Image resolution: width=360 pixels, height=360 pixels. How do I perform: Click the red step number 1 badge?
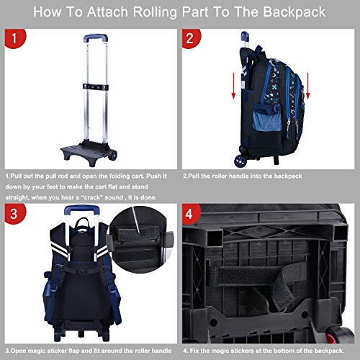coord(14,38)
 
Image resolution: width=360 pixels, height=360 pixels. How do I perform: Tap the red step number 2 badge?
coord(191,38)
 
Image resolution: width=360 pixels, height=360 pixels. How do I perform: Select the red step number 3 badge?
coord(14,213)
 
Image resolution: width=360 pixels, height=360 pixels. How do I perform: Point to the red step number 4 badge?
coord(191,213)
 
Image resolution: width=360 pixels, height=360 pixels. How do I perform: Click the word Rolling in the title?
coord(155,12)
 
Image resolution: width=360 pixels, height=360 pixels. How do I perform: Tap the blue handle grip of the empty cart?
coord(96,37)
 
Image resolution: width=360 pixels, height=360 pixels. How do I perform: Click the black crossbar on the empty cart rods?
coord(96,87)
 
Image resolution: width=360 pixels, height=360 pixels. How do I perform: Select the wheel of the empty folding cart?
coord(112,155)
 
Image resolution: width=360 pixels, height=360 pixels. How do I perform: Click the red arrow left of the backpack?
coord(233,86)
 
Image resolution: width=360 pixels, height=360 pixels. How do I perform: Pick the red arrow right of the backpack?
coord(308,86)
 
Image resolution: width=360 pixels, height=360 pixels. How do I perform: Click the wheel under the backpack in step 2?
coord(240,161)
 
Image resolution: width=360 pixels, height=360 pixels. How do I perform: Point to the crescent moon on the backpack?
coord(274,76)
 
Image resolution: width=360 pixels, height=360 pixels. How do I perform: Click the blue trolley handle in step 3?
coord(82,210)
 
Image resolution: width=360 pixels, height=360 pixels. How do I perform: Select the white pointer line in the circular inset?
coord(135,220)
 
